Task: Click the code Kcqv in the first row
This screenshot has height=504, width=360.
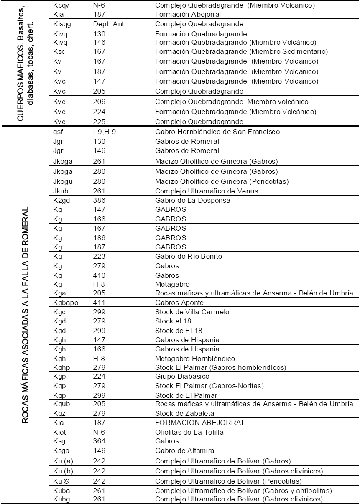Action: point(61,5)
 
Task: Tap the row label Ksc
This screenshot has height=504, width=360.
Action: point(59,52)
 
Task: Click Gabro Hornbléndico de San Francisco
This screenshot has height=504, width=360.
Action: point(217,132)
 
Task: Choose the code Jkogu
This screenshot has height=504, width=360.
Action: point(63,181)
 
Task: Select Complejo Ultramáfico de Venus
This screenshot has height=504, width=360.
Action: point(207,191)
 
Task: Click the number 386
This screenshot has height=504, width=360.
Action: point(100,200)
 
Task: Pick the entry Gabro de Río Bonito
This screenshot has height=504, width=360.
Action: point(189,256)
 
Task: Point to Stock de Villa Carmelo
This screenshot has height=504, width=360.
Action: point(192,312)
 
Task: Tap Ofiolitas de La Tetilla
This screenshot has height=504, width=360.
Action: point(189,432)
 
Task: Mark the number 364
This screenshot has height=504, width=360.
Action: point(100,441)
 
